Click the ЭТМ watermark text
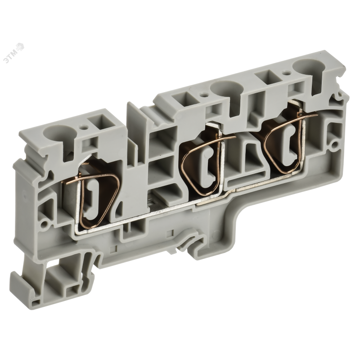13,51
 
